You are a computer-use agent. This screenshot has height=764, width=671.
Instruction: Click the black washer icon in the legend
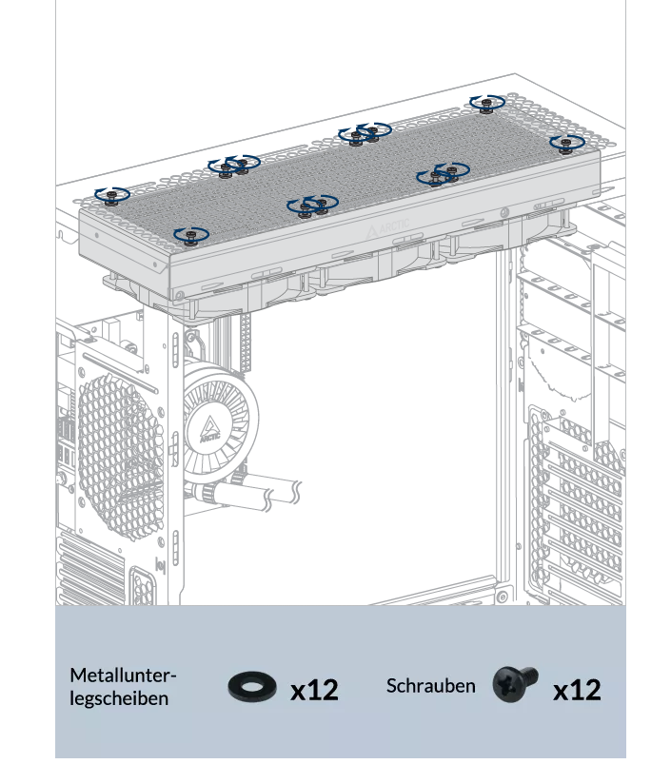tap(251, 687)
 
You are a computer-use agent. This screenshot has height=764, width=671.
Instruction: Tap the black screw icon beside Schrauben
tap(515, 684)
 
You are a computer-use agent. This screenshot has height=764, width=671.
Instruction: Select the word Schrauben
tap(430, 686)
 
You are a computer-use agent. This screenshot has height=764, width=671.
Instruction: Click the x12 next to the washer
tap(314, 690)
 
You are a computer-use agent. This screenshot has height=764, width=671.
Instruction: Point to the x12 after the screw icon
tap(577, 690)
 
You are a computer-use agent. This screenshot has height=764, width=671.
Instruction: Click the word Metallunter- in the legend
tap(123, 676)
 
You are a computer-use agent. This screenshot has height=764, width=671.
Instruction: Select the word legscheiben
tap(119, 698)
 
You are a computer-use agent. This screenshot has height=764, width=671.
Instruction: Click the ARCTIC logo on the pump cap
tap(210, 429)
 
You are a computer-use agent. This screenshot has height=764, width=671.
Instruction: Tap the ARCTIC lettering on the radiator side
tap(388, 228)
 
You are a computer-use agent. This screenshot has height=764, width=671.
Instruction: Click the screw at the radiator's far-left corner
tap(112, 197)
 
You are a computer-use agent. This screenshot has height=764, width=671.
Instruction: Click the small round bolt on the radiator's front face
tap(504, 212)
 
